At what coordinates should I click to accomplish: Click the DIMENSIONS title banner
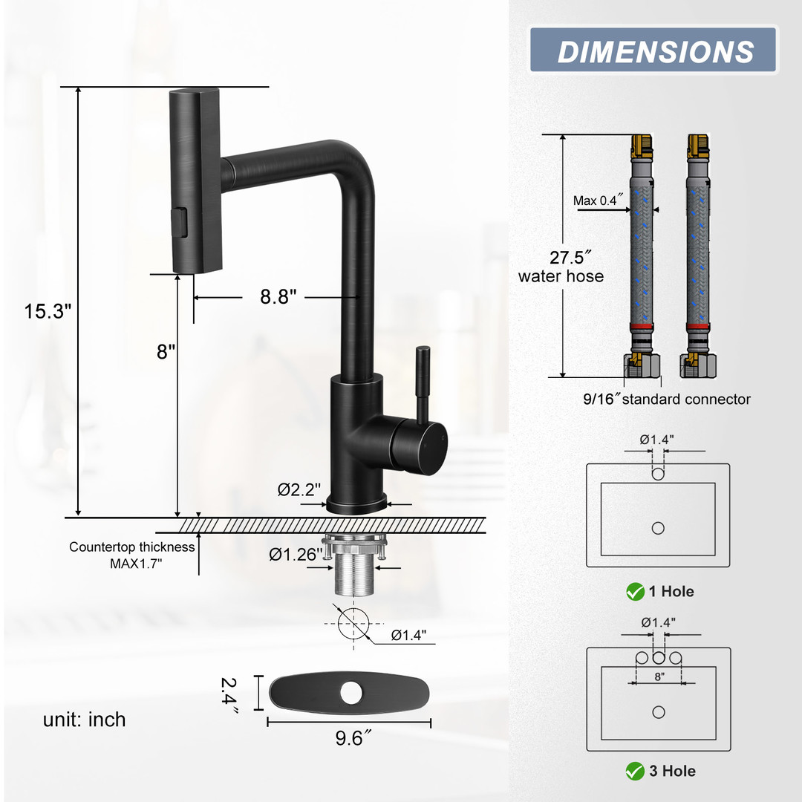coord(653,50)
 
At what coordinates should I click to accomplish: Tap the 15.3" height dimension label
coord(48,311)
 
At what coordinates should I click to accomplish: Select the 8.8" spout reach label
coord(278,296)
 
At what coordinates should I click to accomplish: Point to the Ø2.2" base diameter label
coord(299,489)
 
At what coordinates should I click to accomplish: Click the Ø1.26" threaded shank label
coord(296,555)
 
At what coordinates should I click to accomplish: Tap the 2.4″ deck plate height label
coord(229,695)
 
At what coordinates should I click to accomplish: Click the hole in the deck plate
coord(351,693)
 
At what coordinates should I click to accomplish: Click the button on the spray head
coord(180,222)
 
